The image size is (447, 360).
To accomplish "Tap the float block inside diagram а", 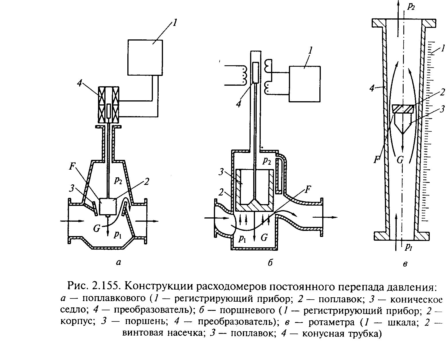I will [x=108, y=206].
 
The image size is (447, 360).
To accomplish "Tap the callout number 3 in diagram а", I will [x=72, y=189].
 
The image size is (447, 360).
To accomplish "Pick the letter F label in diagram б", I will [x=308, y=189].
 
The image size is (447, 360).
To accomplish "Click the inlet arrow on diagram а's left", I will [x=72, y=221].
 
